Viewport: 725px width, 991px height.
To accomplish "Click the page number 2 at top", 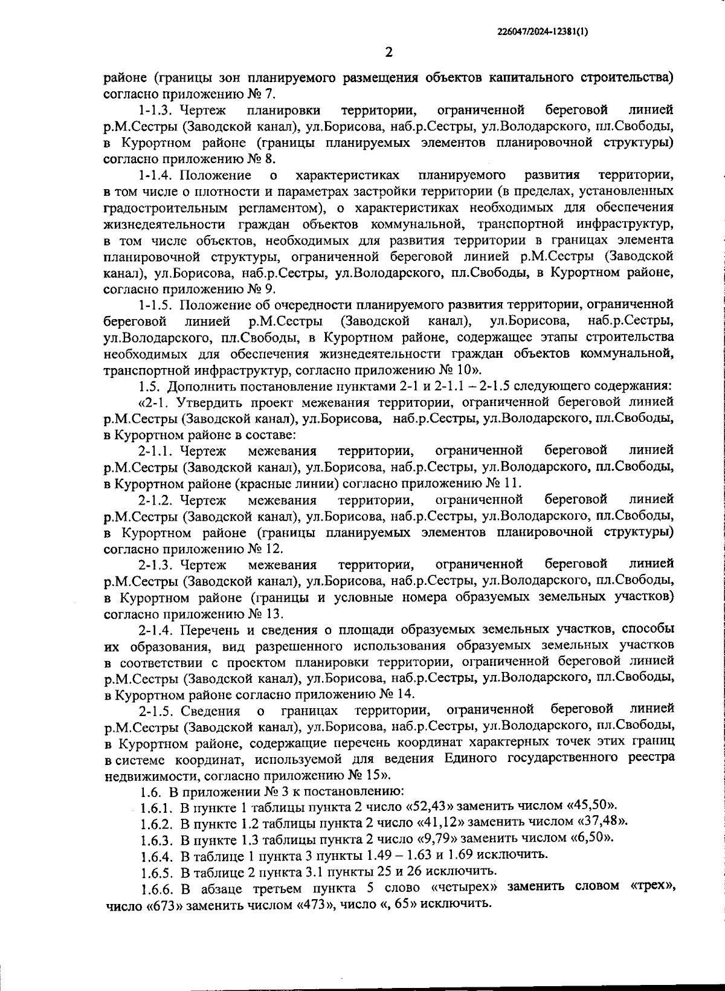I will pos(388,53).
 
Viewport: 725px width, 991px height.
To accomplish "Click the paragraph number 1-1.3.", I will pos(156,111).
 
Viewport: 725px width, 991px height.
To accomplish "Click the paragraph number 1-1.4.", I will pos(156,176).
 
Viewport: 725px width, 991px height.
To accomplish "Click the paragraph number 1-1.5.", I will pos(156,304).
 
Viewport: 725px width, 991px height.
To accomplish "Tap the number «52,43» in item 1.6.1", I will pos(434,805).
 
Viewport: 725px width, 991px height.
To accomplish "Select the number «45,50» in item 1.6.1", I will pos(591,805).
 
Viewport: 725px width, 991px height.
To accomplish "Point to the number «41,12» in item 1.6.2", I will pos(442,822).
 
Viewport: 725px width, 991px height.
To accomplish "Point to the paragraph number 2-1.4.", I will pos(156,630).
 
